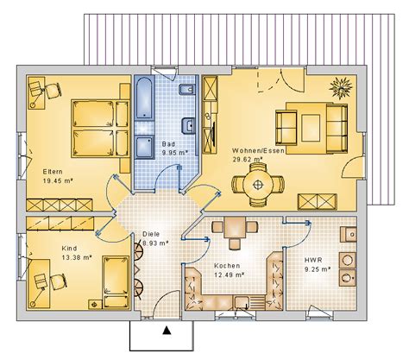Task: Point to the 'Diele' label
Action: (151, 233)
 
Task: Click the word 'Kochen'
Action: (225, 265)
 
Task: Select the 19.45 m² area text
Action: (58, 180)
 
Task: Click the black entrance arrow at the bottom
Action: (167, 329)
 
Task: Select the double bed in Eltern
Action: (98, 127)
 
